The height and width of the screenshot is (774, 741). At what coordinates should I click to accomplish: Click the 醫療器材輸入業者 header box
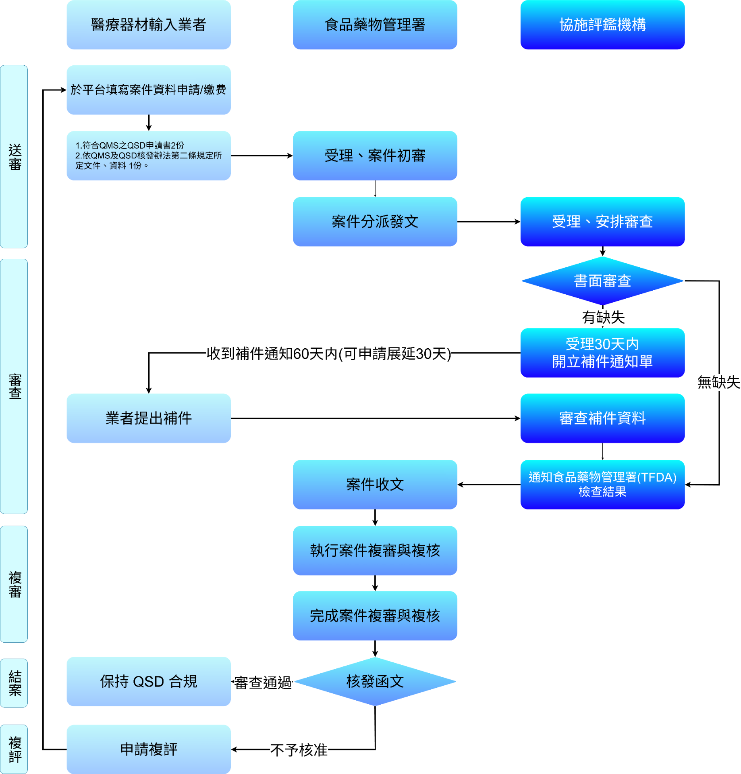point(148,25)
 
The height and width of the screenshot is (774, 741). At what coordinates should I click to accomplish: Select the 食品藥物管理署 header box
point(375,25)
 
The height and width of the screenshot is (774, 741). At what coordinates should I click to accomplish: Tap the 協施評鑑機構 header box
point(602,25)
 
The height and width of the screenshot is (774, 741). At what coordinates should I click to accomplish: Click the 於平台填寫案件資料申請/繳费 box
point(148,90)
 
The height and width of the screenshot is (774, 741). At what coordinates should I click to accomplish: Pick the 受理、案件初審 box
point(375,156)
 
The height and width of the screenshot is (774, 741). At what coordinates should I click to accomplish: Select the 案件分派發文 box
point(375,222)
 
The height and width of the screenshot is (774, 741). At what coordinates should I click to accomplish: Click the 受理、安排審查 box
point(602,222)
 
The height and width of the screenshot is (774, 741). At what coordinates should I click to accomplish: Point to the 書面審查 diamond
point(602,281)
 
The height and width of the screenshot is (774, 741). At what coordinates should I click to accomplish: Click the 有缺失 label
point(603,318)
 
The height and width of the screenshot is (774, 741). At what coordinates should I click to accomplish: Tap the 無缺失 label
point(718,382)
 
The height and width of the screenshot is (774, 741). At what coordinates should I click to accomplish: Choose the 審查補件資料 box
point(602,418)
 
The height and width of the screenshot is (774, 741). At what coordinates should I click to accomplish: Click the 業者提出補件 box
point(148,418)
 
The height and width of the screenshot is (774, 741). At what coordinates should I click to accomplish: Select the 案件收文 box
point(375,485)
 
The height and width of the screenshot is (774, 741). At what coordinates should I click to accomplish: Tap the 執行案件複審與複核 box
point(375,551)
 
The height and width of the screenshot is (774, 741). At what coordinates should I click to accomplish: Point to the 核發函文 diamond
point(375,682)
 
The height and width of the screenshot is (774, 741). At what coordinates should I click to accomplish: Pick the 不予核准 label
point(299,750)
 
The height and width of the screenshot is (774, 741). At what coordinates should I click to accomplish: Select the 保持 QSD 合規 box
point(148,682)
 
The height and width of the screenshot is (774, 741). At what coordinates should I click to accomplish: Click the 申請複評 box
point(148,749)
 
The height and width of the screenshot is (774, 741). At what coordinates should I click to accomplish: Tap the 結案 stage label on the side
point(15,683)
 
